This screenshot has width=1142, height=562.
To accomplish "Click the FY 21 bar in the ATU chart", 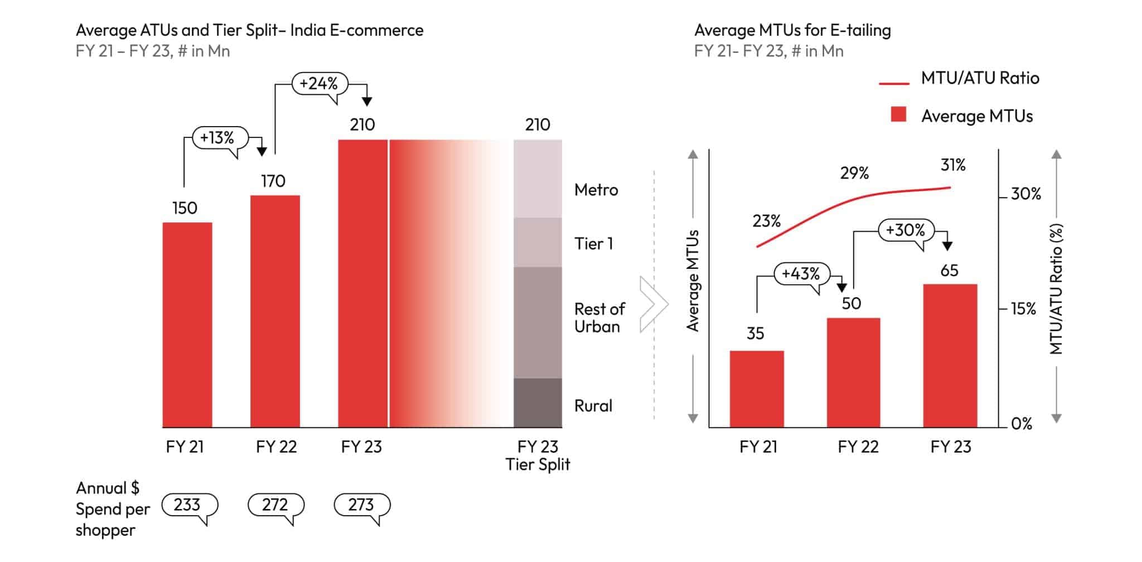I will (187, 325).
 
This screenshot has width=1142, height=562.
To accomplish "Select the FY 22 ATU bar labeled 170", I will (275, 311).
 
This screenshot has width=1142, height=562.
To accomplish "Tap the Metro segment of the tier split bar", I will (538, 179).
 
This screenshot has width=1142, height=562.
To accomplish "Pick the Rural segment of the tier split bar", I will (538, 402).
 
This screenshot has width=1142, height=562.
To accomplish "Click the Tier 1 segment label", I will (593, 244).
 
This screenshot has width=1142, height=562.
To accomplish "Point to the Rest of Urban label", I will (599, 318).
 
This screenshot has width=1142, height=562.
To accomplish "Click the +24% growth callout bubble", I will (319, 84).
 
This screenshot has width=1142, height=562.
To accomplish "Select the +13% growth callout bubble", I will (217, 138).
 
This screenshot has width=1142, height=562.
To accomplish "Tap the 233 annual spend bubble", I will (187, 505).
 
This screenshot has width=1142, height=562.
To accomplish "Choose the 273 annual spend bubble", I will (361, 505).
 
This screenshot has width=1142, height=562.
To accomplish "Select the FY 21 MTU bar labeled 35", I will (757, 388).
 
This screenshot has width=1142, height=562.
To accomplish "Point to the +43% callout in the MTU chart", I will (801, 274).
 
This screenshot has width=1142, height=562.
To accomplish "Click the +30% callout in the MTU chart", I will (905, 230).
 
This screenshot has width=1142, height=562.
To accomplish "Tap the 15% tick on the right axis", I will (1023, 309).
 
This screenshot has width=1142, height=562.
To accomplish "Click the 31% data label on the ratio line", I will (953, 165).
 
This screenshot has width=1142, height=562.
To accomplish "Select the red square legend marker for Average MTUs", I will (898, 115).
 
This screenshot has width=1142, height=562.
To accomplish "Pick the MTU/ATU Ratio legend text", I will (980, 78).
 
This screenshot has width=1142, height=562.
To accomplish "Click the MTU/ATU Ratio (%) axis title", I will (1056, 289).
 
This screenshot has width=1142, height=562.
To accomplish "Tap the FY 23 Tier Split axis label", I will (538, 455).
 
